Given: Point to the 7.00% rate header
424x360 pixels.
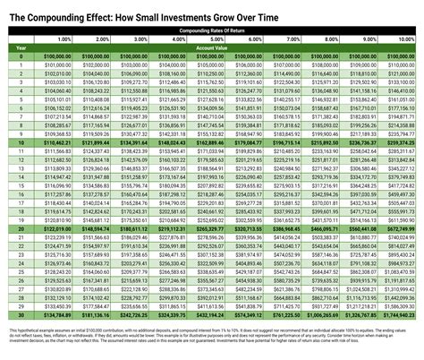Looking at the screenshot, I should (285, 39).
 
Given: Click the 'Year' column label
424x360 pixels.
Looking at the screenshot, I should (20, 48).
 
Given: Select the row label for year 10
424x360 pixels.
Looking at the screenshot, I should (20, 141).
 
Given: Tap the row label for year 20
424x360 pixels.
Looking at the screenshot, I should (20, 229).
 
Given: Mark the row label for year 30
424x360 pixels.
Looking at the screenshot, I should (20, 315).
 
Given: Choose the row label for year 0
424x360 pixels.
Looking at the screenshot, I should (20, 56).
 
